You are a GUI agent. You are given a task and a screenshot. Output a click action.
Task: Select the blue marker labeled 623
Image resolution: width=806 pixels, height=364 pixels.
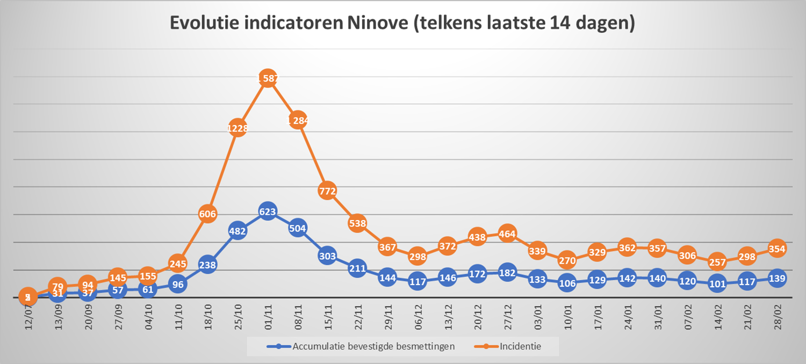click(268, 212)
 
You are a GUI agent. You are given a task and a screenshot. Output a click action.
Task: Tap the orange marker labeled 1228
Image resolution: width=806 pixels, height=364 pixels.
click(238, 128)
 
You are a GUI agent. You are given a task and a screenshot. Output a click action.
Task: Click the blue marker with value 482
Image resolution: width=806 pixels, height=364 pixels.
click(238, 231)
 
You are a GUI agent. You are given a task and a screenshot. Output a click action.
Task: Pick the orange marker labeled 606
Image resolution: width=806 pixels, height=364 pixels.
click(207, 214)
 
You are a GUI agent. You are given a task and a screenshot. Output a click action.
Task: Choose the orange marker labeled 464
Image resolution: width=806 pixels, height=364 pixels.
click(507, 234)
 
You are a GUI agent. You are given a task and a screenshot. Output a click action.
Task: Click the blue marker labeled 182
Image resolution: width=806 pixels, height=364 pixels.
click(507, 273)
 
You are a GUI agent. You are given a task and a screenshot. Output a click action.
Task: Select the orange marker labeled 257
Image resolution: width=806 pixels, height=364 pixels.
click(717, 263)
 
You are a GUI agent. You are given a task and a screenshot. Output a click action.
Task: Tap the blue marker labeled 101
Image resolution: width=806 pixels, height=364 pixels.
click(717, 284)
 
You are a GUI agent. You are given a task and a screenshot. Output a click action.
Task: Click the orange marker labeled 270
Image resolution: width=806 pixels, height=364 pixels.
click(567, 261)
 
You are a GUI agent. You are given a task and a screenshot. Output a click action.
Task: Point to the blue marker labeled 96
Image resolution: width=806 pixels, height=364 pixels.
click(177, 285)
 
